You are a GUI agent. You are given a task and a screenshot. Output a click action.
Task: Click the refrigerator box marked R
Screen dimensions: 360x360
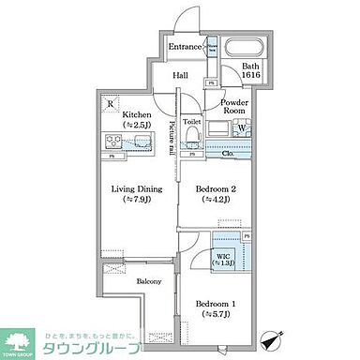(112, 103)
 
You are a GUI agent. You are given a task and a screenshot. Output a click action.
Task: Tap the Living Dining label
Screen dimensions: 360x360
(138, 192)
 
